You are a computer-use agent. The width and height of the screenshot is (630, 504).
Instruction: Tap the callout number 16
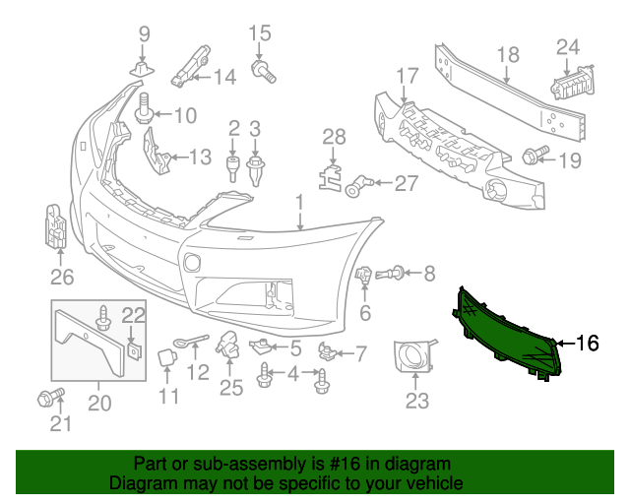click(588, 344)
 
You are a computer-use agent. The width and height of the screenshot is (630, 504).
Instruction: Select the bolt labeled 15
click(264, 72)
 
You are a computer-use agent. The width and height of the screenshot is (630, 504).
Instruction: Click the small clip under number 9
click(142, 69)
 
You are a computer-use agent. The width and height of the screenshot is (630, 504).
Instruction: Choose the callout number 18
click(508, 55)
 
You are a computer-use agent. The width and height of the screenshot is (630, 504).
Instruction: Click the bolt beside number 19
click(535, 155)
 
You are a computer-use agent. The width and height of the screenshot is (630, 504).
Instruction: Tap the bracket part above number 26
click(56, 226)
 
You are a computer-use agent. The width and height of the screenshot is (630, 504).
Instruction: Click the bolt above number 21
click(50, 397)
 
